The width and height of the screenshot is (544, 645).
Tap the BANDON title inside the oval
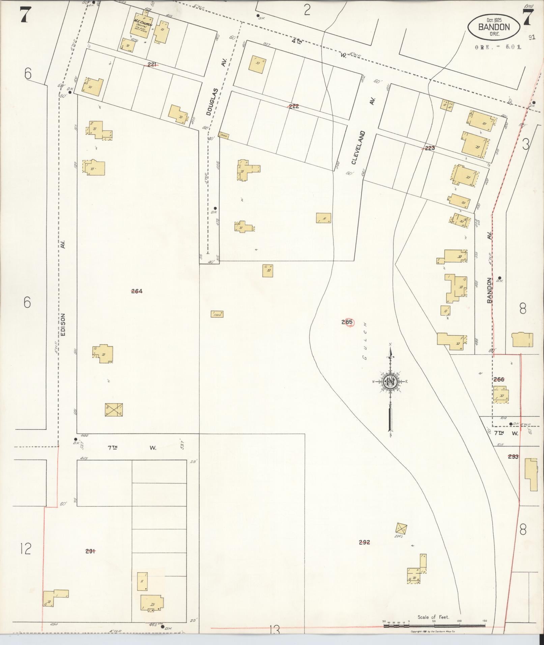pyautogui.click(x=493, y=27)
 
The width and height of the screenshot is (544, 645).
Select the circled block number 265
pyautogui.click(x=347, y=322)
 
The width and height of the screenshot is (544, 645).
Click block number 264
pyautogui.click(x=137, y=291)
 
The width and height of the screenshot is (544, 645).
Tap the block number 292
pyautogui.click(x=365, y=543)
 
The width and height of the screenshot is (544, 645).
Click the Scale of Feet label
pyautogui.click(x=433, y=617)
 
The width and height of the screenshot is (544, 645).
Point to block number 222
pyautogui.click(x=293, y=106)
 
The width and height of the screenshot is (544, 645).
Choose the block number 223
pyautogui.click(x=430, y=148)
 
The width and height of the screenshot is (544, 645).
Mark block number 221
pyautogui.click(x=152, y=64)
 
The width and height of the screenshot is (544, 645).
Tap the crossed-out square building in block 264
pyautogui.click(x=114, y=410)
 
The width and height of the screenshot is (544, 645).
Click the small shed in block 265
pyautogui.click(x=217, y=314)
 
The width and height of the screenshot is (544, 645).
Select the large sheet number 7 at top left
pyautogui.click(x=24, y=16)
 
